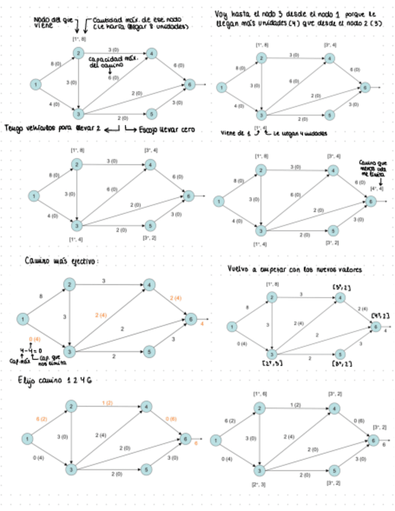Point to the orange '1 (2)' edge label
[107, 402]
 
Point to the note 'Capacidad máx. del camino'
[113, 62]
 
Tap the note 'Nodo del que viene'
[50, 23]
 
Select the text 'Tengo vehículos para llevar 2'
[52, 128]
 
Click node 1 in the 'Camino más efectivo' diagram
[22, 319]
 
